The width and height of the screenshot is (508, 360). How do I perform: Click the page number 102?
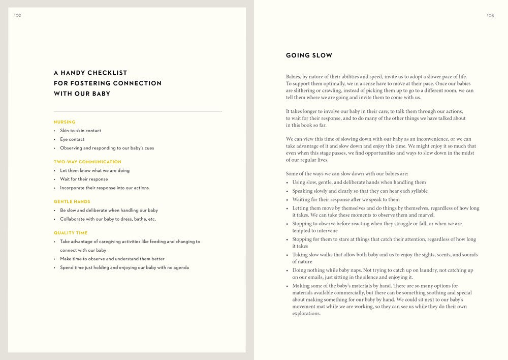[x=17, y=15]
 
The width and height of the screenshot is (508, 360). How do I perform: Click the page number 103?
[x=490, y=15]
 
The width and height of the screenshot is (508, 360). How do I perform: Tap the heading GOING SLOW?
[x=309, y=55]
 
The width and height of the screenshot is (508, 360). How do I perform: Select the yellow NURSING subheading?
[x=65, y=122]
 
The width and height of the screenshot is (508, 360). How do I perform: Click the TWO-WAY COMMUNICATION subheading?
[x=87, y=162]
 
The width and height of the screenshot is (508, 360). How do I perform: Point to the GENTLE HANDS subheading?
[x=72, y=202]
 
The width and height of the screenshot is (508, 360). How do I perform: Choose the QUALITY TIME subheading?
[x=71, y=233]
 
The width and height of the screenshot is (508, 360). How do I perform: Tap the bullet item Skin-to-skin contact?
[x=80, y=131]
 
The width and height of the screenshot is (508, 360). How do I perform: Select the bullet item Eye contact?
[x=72, y=139]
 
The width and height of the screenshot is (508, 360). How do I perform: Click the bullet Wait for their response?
[x=84, y=179]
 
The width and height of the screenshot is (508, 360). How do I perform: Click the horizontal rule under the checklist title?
[x=138, y=111]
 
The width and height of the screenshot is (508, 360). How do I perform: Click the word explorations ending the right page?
[x=306, y=314]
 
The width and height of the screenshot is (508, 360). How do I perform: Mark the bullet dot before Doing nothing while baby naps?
[x=288, y=271]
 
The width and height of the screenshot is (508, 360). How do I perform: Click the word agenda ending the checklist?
[x=181, y=267]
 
